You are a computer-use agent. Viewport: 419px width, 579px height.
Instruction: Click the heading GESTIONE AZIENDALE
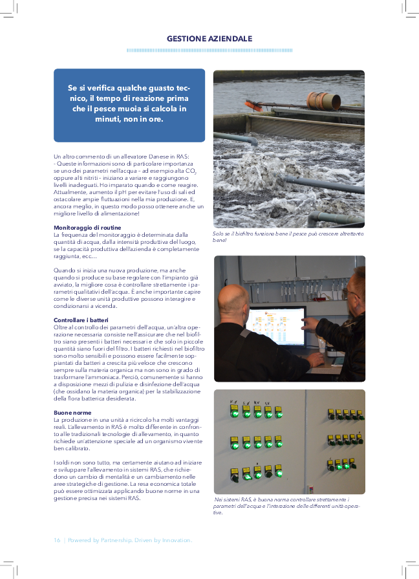tap(209, 39)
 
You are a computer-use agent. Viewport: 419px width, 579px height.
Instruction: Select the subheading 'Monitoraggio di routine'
tap(87, 228)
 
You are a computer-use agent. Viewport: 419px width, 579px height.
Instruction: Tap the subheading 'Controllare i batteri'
tap(81, 320)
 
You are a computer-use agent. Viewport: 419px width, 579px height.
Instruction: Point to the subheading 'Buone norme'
tap(72, 412)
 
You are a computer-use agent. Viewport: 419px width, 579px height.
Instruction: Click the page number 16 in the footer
tap(56, 540)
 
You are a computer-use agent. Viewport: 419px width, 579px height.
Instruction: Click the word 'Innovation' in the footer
tap(175, 540)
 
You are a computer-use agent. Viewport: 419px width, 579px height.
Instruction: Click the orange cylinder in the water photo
tap(323, 100)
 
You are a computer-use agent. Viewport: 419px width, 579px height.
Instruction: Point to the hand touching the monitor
tap(310, 323)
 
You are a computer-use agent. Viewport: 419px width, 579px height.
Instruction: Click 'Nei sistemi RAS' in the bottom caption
tap(234, 500)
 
